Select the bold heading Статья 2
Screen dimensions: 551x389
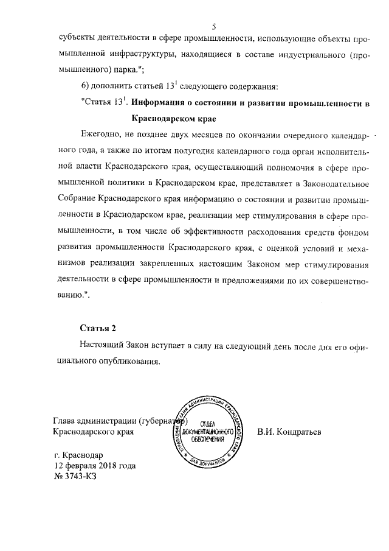point(98,329)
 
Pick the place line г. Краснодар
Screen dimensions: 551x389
point(79,455)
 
